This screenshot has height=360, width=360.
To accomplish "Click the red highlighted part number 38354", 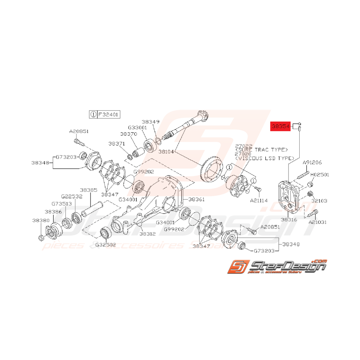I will (x=280, y=126).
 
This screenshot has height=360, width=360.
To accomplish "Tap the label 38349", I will (x=150, y=121).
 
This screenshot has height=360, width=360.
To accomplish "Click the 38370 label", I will (x=128, y=134).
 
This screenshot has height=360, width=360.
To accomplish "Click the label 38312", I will (x=147, y=234).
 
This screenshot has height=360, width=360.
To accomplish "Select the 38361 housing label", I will (x=197, y=200).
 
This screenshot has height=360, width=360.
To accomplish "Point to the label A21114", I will (x=259, y=201).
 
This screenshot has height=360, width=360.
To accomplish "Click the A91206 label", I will (x=312, y=162).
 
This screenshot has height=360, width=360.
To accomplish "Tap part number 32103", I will (x=319, y=201).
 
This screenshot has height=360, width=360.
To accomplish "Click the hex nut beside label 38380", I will (x=41, y=237).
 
